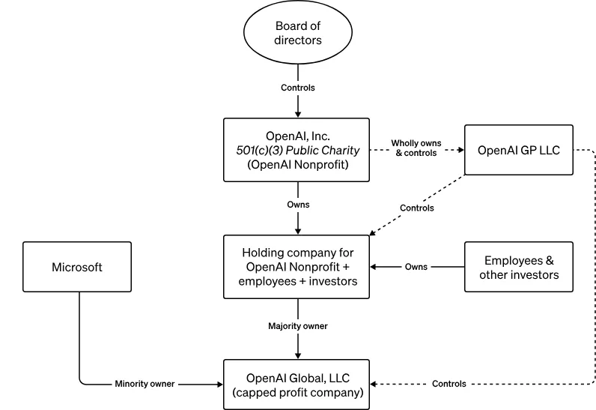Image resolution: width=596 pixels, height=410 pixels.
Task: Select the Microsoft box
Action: [x=77, y=267]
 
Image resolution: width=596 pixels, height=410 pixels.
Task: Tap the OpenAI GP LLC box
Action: [x=518, y=149]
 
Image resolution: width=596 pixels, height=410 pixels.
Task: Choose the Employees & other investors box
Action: [x=518, y=267]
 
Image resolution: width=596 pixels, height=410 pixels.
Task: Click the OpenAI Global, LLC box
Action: [x=297, y=384]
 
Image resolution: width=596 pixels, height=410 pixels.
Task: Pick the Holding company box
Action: [x=297, y=267]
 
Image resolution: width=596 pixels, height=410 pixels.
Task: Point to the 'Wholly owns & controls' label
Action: [x=416, y=148]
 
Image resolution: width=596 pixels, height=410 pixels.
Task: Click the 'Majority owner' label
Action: [x=297, y=326]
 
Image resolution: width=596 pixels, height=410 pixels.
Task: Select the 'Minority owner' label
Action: [x=145, y=384]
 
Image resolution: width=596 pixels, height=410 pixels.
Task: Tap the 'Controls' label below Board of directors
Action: [x=297, y=88]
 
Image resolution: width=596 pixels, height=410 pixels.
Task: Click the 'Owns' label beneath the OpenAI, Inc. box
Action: [x=297, y=204]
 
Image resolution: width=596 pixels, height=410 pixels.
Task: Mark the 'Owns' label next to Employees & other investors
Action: [x=416, y=267]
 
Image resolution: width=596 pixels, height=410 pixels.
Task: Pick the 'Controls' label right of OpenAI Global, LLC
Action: [x=448, y=384]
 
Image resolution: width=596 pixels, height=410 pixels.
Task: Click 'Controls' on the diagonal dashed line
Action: [x=416, y=208]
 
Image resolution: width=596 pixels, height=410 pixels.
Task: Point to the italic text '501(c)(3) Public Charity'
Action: [x=297, y=150]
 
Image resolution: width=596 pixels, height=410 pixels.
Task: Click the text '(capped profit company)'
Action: [x=297, y=392]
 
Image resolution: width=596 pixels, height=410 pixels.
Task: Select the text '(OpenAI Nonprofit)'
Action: [x=297, y=164]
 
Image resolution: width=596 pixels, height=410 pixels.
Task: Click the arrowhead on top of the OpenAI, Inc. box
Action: [x=297, y=113]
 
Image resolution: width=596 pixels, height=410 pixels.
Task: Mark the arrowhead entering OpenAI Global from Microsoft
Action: [x=219, y=384]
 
